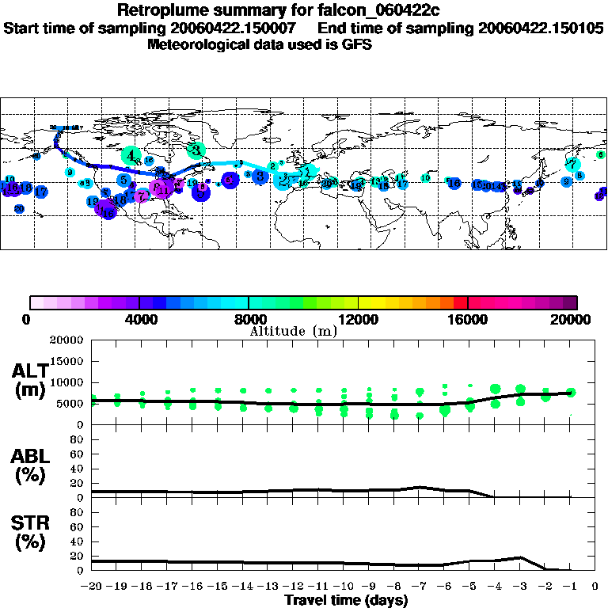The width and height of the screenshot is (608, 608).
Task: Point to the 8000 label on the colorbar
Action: coord(248,320)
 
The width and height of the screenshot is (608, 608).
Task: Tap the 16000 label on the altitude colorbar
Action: coord(467,320)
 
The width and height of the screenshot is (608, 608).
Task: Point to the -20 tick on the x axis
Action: coord(92,586)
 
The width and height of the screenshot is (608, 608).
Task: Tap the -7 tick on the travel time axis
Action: coord(420,586)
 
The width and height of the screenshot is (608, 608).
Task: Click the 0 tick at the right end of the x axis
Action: coord(595,586)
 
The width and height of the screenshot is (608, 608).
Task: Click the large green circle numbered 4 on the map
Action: coord(132,155)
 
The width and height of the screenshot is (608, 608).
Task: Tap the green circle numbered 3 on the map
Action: coord(196,150)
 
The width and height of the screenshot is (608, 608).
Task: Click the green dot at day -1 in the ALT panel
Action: coord(571,392)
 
